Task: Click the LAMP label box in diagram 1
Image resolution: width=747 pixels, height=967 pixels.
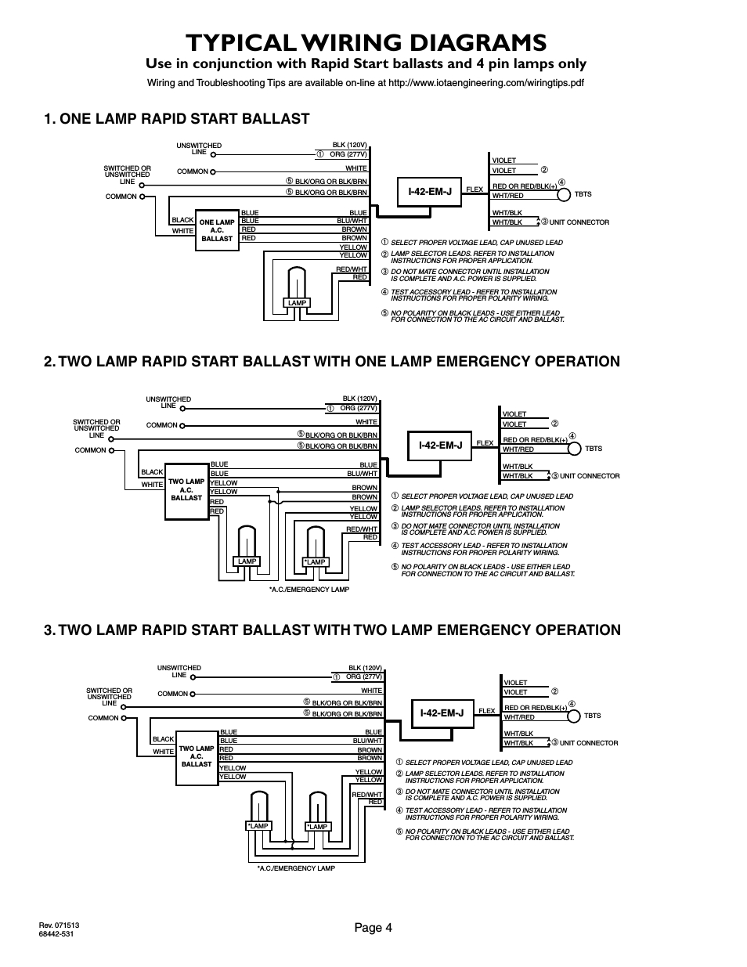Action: pyautogui.click(x=297, y=303)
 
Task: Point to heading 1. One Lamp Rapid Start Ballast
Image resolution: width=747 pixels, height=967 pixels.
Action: pyautogui.click(x=177, y=119)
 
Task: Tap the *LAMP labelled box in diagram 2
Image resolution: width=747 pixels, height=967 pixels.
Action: pyautogui.click(x=316, y=561)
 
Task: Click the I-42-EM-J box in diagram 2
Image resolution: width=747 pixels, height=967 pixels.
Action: pyautogui.click(x=440, y=445)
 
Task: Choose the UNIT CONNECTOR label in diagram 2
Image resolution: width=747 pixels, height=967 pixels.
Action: pyautogui.click(x=590, y=476)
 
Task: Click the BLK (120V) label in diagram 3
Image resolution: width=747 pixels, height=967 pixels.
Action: pyautogui.click(x=365, y=668)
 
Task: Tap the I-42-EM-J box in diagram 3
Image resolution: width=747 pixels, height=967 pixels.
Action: pyautogui.click(x=442, y=713)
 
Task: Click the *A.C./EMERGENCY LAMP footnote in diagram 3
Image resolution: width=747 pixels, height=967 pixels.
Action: pyautogui.click(x=296, y=868)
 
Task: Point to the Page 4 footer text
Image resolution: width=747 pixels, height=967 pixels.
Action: pyautogui.click(x=373, y=928)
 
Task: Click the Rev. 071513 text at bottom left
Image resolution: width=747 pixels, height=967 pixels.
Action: pyautogui.click(x=60, y=925)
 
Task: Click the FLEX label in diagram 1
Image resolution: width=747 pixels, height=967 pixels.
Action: pyautogui.click(x=475, y=189)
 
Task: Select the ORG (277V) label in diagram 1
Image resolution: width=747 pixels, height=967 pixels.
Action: pyautogui.click(x=348, y=154)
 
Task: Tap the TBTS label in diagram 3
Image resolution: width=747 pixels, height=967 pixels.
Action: pyautogui.click(x=592, y=716)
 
